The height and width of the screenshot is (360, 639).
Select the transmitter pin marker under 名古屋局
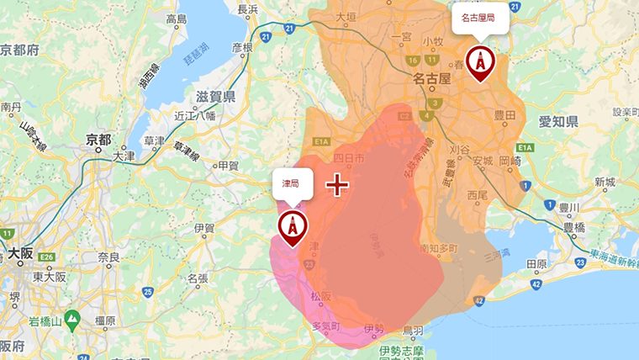tap(480, 64)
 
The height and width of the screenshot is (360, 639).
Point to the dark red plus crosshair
tap(337, 184)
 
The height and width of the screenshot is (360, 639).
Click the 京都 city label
tap(98, 140)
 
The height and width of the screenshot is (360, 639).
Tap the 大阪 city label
tap(25, 251)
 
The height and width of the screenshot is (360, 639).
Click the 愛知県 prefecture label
tap(558, 122)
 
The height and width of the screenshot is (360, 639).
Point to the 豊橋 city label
tap(573, 226)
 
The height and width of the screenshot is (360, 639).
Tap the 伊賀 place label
tap(204, 228)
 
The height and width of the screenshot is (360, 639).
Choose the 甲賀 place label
tap(228, 166)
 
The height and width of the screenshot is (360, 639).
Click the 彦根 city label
tap(241, 48)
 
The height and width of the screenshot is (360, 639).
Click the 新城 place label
tap(605, 182)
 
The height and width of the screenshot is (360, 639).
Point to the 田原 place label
tap(536, 263)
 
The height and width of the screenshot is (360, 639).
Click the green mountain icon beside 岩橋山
tap(71, 319)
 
